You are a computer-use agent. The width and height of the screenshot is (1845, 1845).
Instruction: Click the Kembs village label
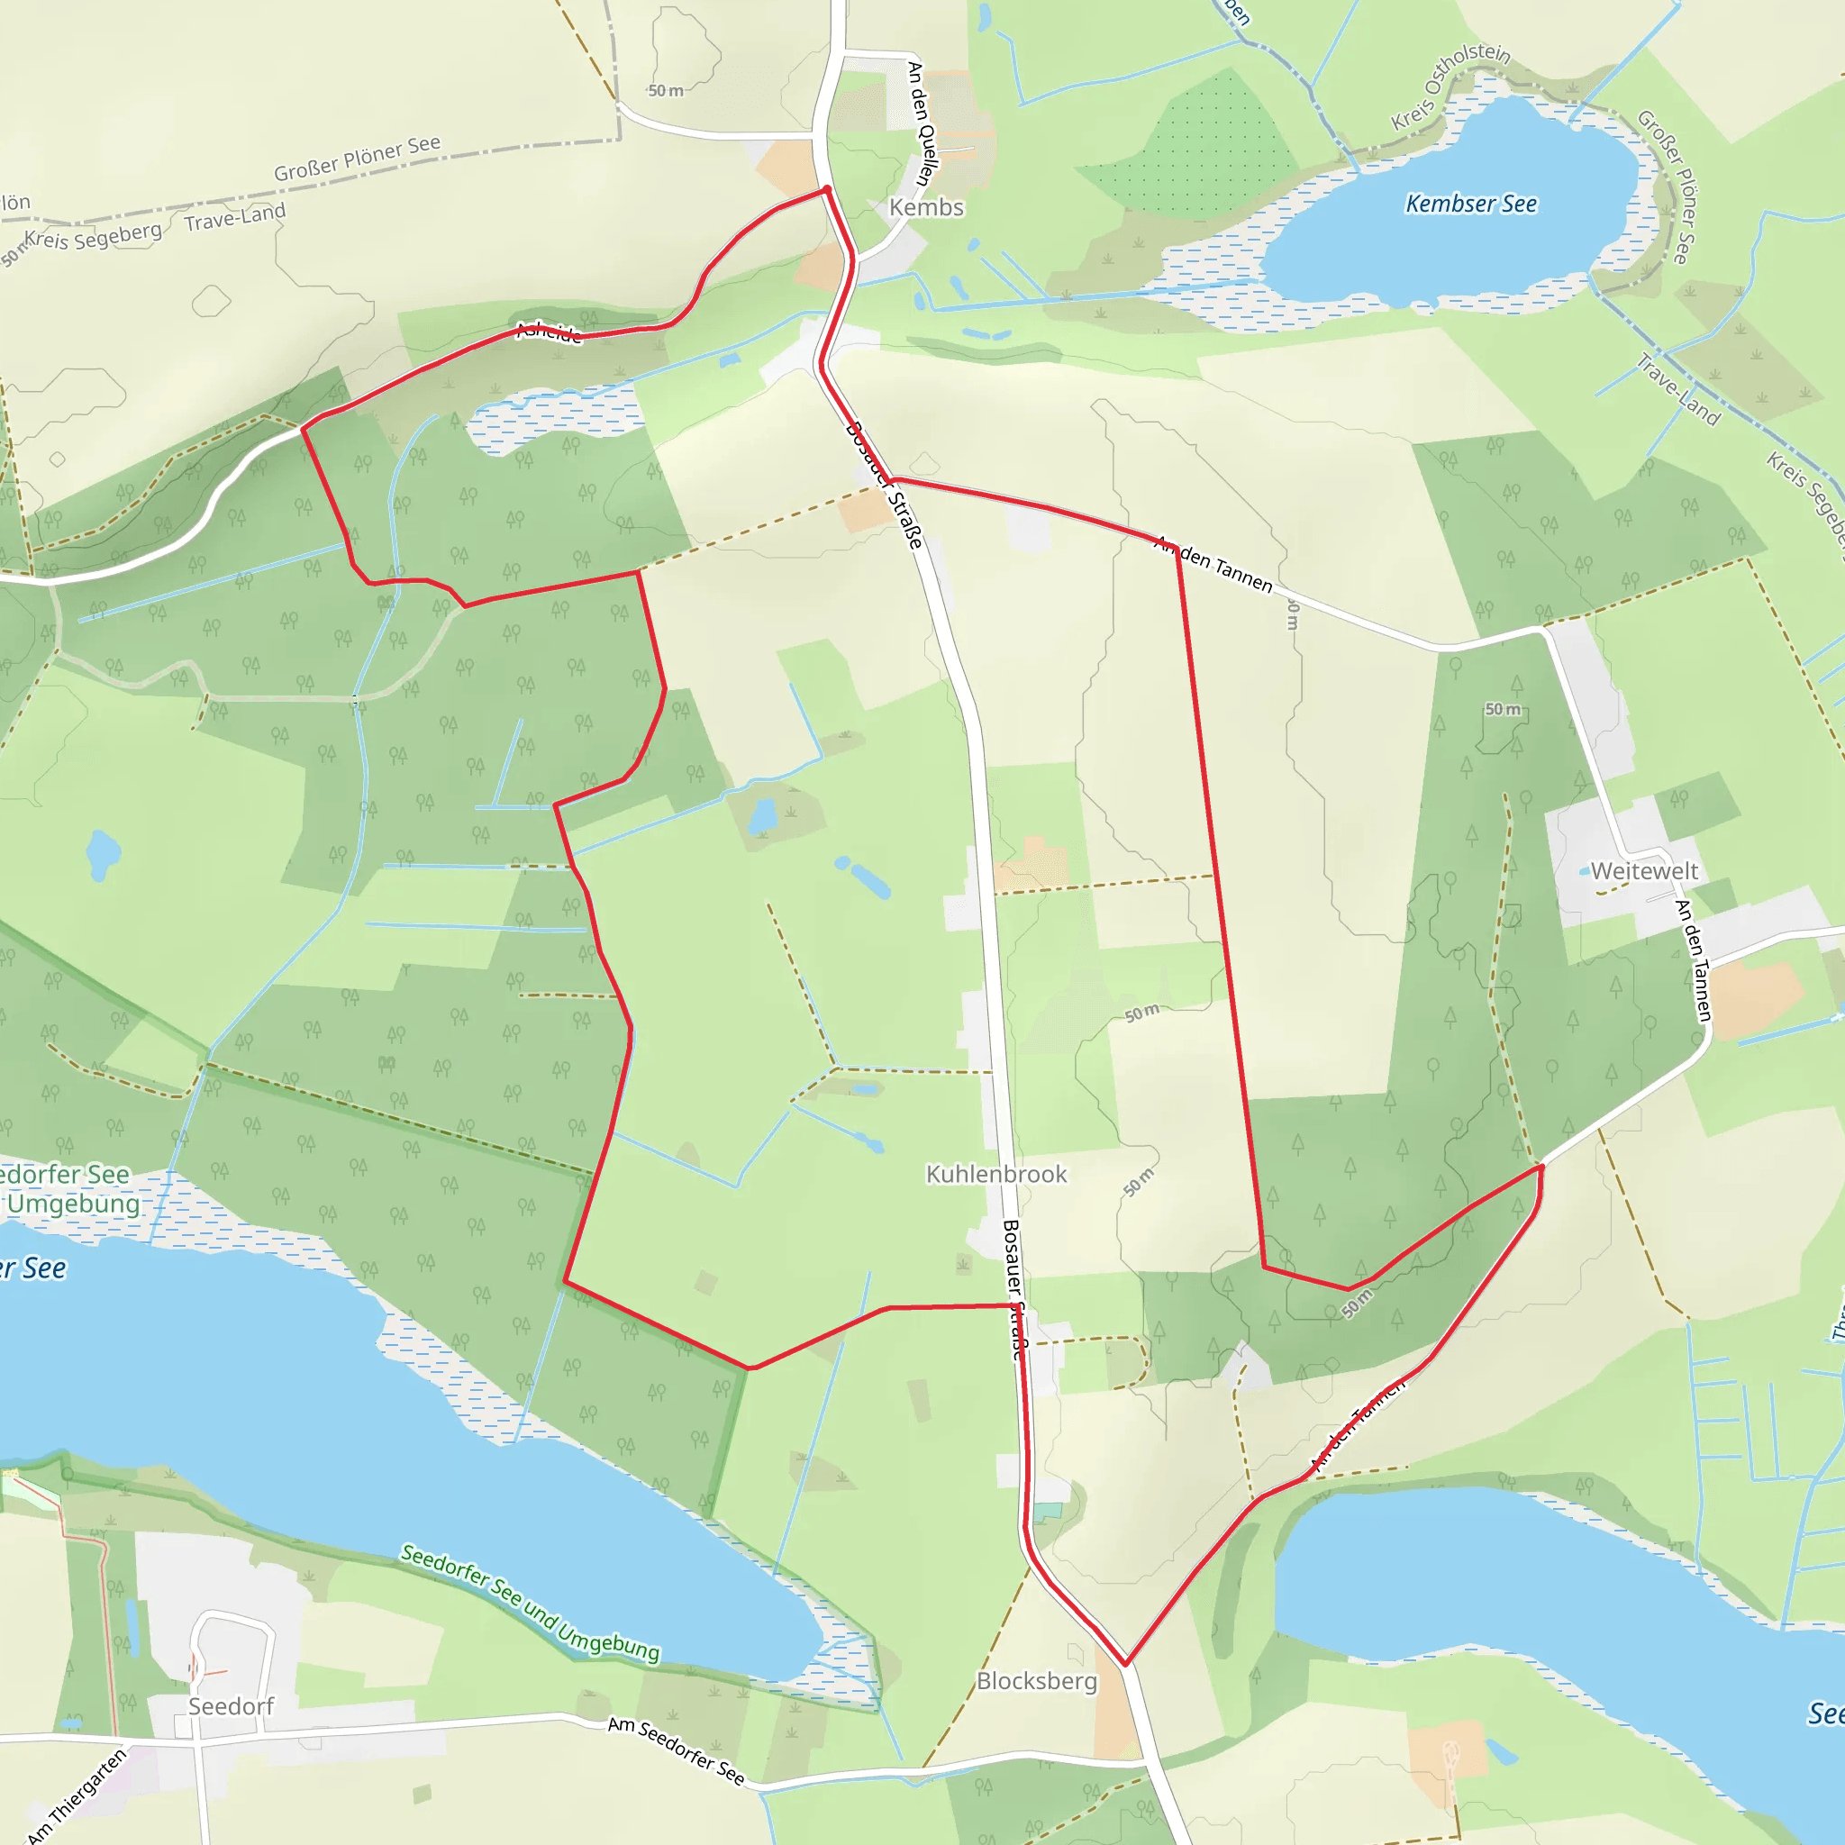(925, 207)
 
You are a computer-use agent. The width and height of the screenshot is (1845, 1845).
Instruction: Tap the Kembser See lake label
(1470, 204)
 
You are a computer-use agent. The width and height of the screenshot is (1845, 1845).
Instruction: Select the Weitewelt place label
(1643, 871)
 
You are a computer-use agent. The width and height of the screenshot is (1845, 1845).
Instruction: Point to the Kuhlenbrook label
(996, 1174)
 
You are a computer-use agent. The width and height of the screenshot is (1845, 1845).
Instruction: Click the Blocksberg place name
(1036, 1681)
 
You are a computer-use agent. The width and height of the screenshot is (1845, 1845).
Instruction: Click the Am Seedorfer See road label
(677, 1750)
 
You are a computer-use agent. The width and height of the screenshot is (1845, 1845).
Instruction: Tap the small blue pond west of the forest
(102, 852)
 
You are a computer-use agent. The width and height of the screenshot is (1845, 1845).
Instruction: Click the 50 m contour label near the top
(666, 91)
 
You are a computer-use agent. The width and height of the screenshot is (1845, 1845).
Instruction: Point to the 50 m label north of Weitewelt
(1502, 709)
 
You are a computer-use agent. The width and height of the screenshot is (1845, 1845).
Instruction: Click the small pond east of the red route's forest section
(762, 816)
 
